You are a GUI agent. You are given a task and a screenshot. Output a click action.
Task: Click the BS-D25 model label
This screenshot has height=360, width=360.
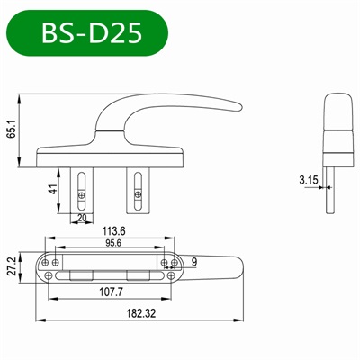pos(91,33)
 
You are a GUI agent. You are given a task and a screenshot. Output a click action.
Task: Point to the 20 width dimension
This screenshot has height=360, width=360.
pos(82,217)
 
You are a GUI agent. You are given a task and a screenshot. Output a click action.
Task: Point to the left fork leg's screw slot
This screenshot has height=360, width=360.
pos(82,189)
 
